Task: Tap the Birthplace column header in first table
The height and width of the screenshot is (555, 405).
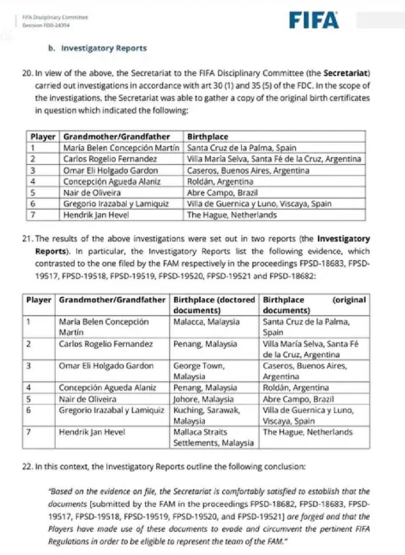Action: point(208,137)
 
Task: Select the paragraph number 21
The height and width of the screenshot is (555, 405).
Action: point(26,239)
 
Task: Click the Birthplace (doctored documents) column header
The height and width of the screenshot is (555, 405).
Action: point(214,305)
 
